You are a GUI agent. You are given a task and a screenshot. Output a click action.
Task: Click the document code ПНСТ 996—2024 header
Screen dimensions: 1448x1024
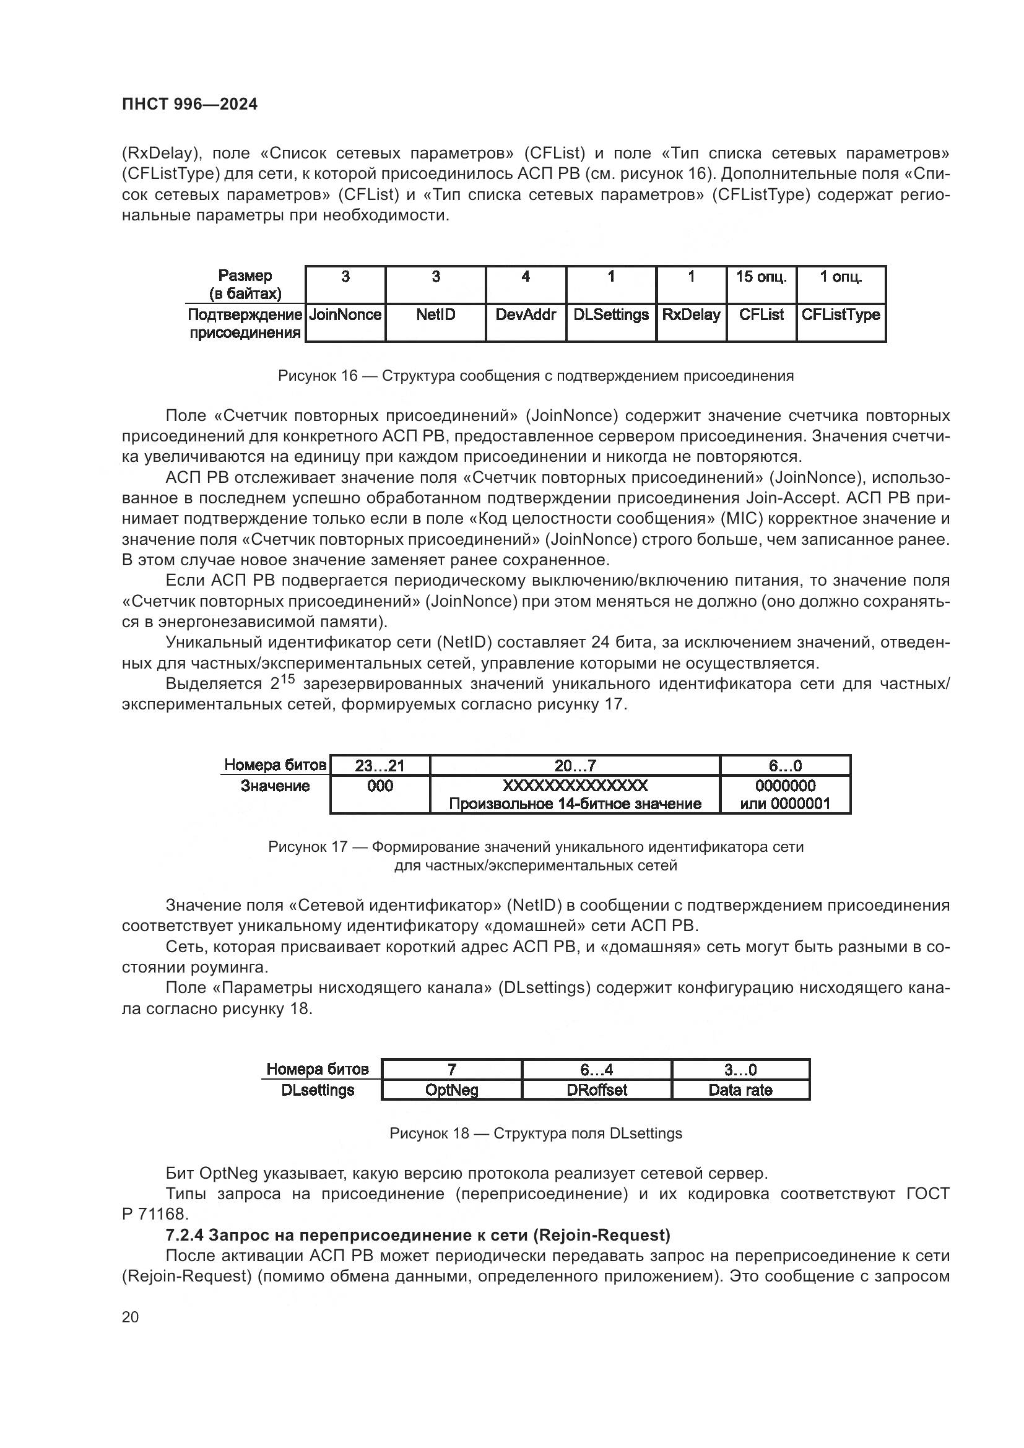coord(189,105)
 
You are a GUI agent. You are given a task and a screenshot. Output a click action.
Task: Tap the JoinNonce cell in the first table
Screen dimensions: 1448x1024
coord(345,315)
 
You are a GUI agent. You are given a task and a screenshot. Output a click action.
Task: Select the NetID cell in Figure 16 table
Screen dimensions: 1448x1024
coord(435,315)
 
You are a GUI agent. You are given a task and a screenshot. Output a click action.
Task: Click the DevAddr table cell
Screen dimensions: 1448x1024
coord(525,315)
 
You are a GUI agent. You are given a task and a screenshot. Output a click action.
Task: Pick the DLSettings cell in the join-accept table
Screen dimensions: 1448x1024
coord(610,315)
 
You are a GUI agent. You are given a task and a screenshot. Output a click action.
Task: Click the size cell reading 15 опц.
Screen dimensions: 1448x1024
coord(761,277)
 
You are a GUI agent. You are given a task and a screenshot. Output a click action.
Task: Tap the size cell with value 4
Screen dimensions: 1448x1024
coord(525,277)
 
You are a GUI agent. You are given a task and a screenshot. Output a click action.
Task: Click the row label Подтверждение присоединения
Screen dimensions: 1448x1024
coord(245,324)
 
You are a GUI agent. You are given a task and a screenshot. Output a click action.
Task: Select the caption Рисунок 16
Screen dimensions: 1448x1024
coord(317,376)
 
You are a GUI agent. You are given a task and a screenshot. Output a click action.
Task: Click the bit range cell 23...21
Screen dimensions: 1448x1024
coord(380,766)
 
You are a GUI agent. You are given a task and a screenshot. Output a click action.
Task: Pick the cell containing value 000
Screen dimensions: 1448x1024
coord(380,786)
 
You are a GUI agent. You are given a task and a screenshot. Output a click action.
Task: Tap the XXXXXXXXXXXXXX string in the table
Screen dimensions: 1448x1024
coord(575,786)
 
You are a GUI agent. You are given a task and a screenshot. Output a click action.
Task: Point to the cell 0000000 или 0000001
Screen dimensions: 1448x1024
coord(785,795)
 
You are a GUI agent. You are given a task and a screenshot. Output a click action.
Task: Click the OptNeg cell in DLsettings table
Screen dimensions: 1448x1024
coord(451,1090)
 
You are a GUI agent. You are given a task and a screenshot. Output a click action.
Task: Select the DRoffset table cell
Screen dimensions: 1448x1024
coord(596,1090)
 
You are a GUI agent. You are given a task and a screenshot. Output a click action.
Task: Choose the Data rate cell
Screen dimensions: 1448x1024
coord(740,1090)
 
